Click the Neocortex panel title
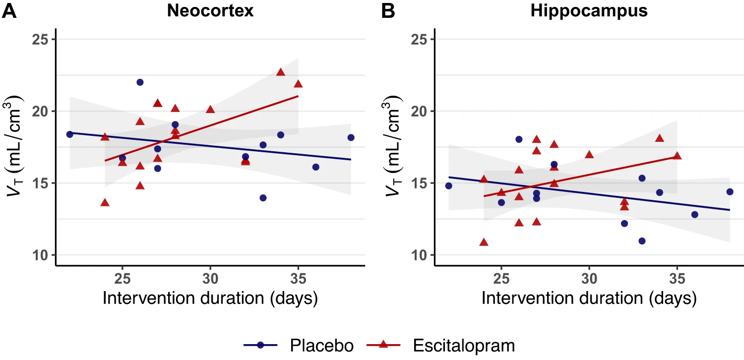[x=210, y=11]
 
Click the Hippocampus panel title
[x=589, y=11]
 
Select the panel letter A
[x=9, y=11]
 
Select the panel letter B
[x=388, y=11]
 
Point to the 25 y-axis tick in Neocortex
[x=41, y=39]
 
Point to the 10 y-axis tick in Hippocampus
[x=420, y=255]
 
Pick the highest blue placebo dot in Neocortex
[x=140, y=82]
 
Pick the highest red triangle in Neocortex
[x=281, y=72]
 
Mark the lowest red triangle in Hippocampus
[x=484, y=242]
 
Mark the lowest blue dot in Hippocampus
[x=642, y=241]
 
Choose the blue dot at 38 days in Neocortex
[x=351, y=137]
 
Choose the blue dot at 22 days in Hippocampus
[x=448, y=186]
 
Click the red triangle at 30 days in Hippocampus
[x=589, y=155]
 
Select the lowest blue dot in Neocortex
[x=263, y=198]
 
